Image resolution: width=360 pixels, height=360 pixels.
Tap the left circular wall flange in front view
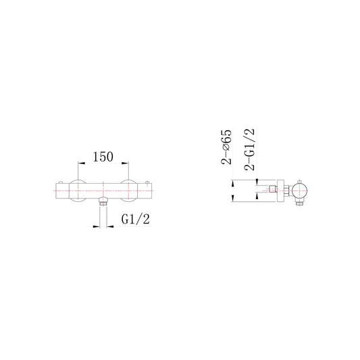[76, 191]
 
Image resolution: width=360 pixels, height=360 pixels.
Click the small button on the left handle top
[61, 182]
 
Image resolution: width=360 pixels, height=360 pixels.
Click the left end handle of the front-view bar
[57, 191]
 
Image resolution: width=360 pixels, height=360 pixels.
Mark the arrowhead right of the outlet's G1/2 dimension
[108, 226]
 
